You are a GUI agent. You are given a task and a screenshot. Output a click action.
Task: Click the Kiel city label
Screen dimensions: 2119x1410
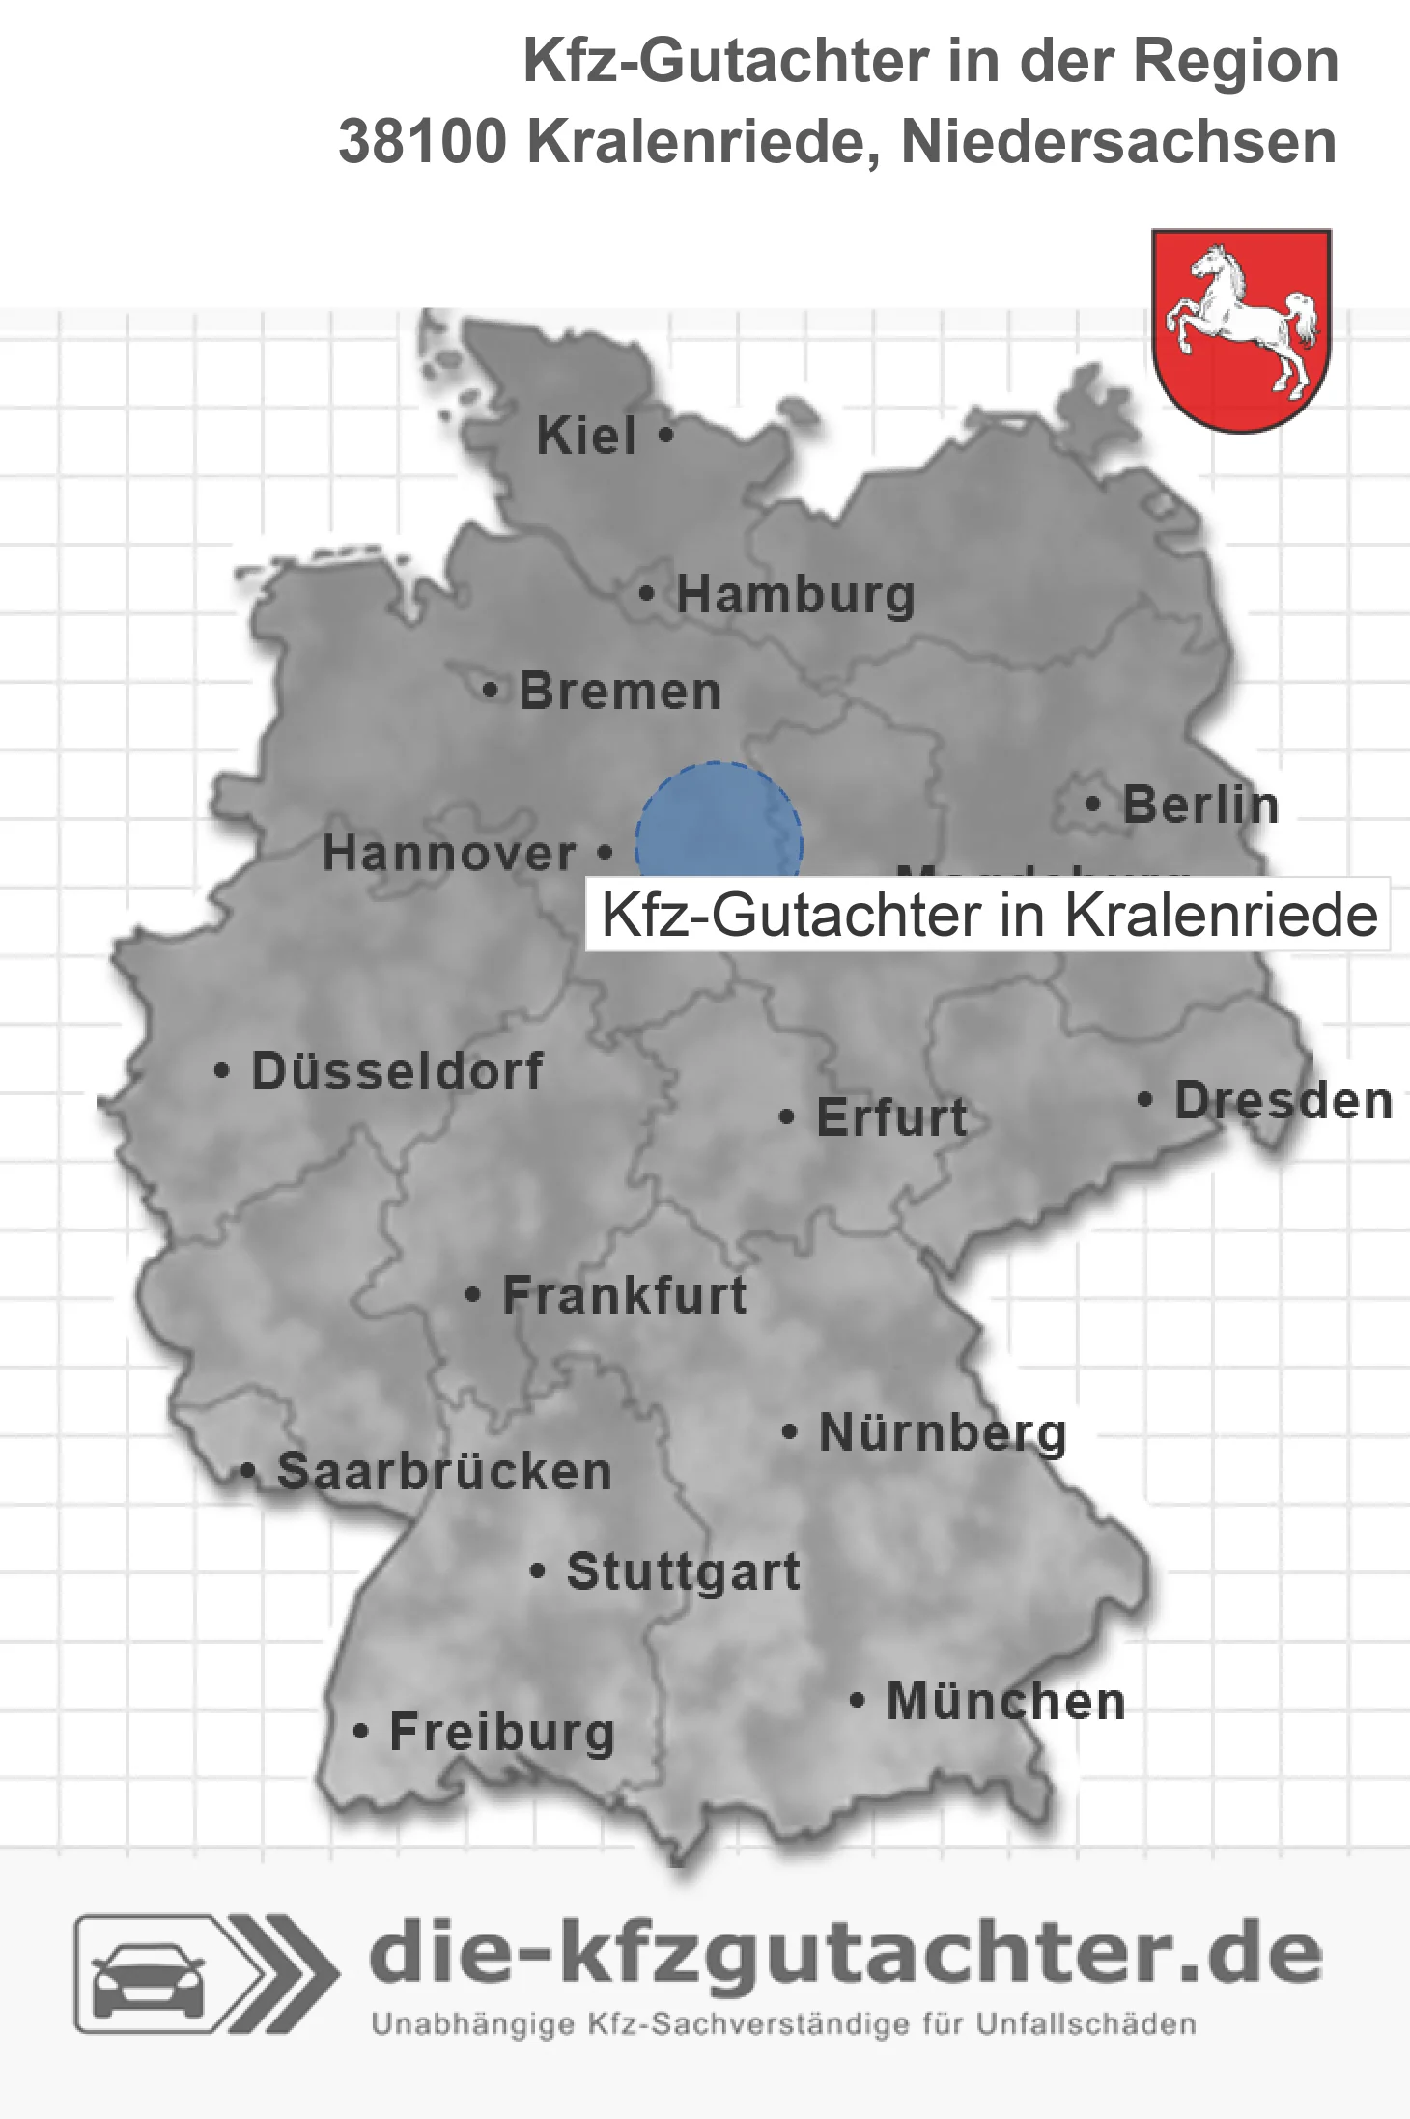coord(586,437)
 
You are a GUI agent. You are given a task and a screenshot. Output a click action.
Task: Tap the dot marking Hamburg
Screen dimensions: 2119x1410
coord(647,594)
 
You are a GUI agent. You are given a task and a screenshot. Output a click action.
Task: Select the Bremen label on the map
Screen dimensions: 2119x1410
coord(620,692)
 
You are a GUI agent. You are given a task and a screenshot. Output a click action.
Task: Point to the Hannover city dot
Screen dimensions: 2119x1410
coord(606,852)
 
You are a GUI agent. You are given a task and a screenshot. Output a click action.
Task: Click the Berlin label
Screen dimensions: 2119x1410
coord(1200,805)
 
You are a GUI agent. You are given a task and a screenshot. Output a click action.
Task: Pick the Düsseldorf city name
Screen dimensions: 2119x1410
coord(397,1071)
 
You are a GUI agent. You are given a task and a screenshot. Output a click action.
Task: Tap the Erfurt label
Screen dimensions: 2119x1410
coord(891,1118)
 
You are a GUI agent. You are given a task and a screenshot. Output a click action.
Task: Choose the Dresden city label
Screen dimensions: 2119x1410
coord(1283,1101)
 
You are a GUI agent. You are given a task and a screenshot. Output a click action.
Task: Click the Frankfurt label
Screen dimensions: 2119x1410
coord(625,1295)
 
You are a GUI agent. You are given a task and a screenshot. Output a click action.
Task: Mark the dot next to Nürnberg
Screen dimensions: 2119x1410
coord(789,1431)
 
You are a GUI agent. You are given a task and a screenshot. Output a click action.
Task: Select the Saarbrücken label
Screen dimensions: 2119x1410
coord(444,1472)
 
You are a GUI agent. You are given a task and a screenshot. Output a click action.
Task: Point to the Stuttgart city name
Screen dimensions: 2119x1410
coord(683,1571)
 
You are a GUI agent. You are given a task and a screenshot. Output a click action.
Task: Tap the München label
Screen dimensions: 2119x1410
coord(1005,1702)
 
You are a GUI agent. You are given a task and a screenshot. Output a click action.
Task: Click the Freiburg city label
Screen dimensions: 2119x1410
coord(502,1732)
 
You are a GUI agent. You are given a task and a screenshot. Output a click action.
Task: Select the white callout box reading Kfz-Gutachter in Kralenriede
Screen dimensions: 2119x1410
coord(988,915)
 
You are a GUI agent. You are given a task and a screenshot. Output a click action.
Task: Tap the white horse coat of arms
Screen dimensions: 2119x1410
coord(1242,328)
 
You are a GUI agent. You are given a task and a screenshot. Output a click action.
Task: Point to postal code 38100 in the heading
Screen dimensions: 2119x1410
coord(422,142)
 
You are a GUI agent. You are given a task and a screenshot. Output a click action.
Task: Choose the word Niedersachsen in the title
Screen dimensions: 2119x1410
coord(1118,142)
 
